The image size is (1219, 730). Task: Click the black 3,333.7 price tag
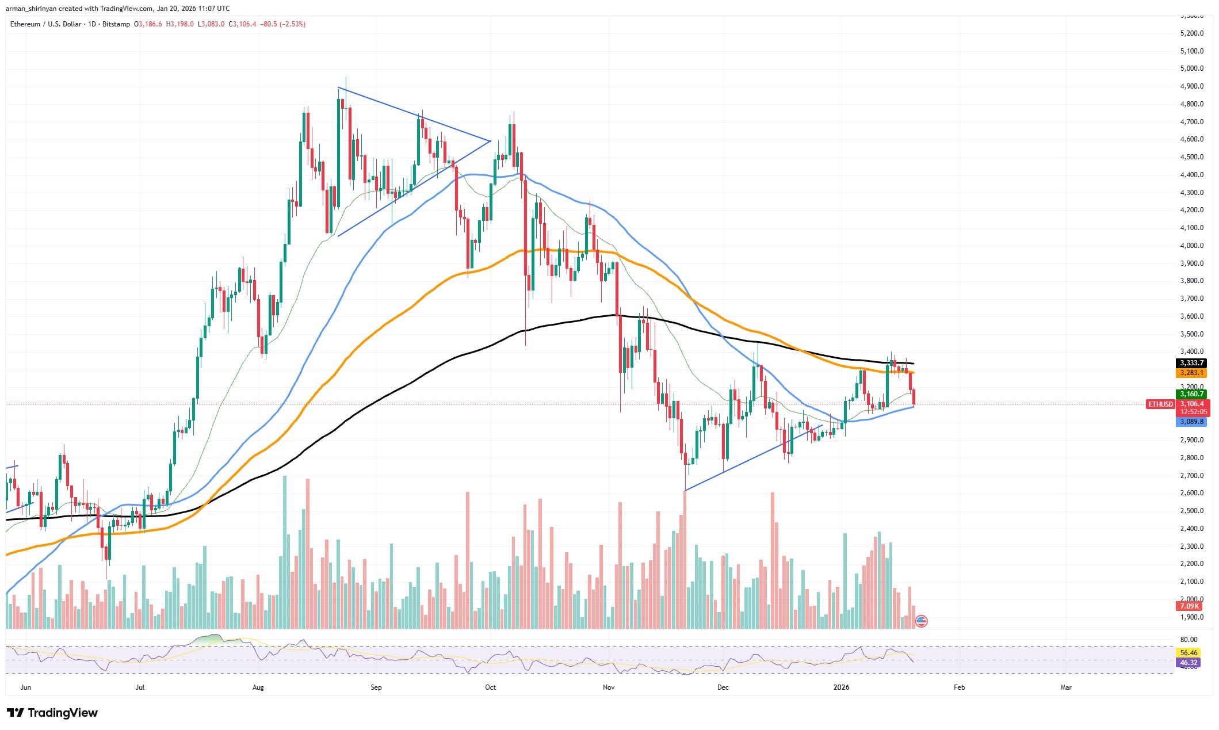[1191, 363]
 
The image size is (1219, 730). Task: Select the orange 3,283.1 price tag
[1191, 373]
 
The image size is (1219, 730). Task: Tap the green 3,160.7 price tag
[1191, 394]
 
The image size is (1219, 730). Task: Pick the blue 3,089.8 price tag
[1191, 422]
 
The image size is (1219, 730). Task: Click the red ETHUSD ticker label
[1160, 404]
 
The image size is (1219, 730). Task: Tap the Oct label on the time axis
[490, 687]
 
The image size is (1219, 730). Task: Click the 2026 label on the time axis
[841, 687]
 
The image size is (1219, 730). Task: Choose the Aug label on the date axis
[258, 687]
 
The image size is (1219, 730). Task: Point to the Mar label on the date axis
[1066, 687]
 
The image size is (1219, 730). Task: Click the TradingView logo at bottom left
[55, 713]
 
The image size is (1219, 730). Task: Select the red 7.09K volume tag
[1189, 606]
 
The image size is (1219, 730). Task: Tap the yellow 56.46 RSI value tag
[1189, 653]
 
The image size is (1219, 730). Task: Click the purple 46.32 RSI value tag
[1189, 663]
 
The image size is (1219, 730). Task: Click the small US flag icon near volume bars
[921, 621]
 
